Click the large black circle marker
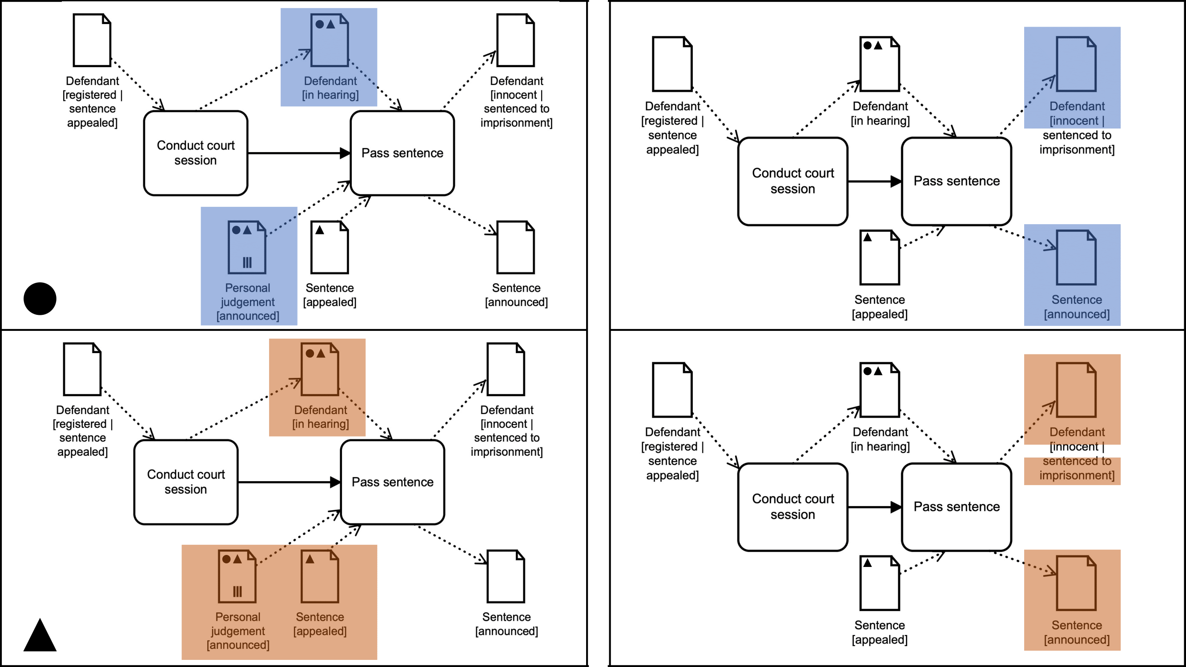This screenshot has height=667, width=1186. coord(40,299)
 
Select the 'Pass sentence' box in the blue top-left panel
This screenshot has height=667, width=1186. coord(402,153)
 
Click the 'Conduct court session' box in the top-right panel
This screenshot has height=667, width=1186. coord(792,181)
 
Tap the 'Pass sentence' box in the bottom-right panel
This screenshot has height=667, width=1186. coord(956,507)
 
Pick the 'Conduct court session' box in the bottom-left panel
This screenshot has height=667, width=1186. coord(185,482)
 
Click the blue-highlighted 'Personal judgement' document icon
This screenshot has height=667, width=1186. coord(247,248)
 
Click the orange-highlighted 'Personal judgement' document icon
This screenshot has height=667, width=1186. coord(237,576)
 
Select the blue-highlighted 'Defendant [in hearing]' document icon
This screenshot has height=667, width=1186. coord(329,40)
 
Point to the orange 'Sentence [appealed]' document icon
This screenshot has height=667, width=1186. coord(320,576)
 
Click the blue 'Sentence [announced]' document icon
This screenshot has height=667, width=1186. coord(1076,258)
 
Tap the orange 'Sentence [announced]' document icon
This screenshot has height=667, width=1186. coord(1076,583)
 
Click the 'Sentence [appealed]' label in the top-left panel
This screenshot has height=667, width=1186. coord(330,295)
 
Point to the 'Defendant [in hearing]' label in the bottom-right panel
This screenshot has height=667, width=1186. coord(880,439)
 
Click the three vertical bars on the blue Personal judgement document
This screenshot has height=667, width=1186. coord(247,263)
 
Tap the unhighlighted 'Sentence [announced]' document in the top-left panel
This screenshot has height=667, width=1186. coord(515,248)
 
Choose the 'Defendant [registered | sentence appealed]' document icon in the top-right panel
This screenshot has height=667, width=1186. coord(672,64)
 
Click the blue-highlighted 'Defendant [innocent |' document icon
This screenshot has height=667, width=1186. coord(1076,64)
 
